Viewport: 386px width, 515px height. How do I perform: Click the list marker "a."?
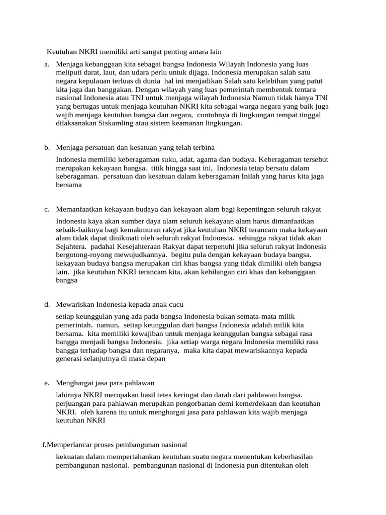point(46,64)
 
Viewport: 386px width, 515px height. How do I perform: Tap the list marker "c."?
point(46,209)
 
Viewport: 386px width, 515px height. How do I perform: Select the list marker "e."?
point(46,383)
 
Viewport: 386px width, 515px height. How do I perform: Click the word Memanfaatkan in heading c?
point(79,209)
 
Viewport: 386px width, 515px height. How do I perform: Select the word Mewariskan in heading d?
point(75,305)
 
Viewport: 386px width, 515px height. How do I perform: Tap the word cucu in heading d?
point(175,305)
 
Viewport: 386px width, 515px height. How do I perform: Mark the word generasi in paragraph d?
point(69,359)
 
